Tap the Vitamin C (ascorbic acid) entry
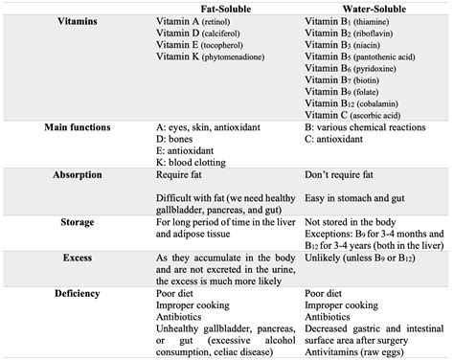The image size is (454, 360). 361,115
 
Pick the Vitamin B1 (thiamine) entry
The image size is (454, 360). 350,21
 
